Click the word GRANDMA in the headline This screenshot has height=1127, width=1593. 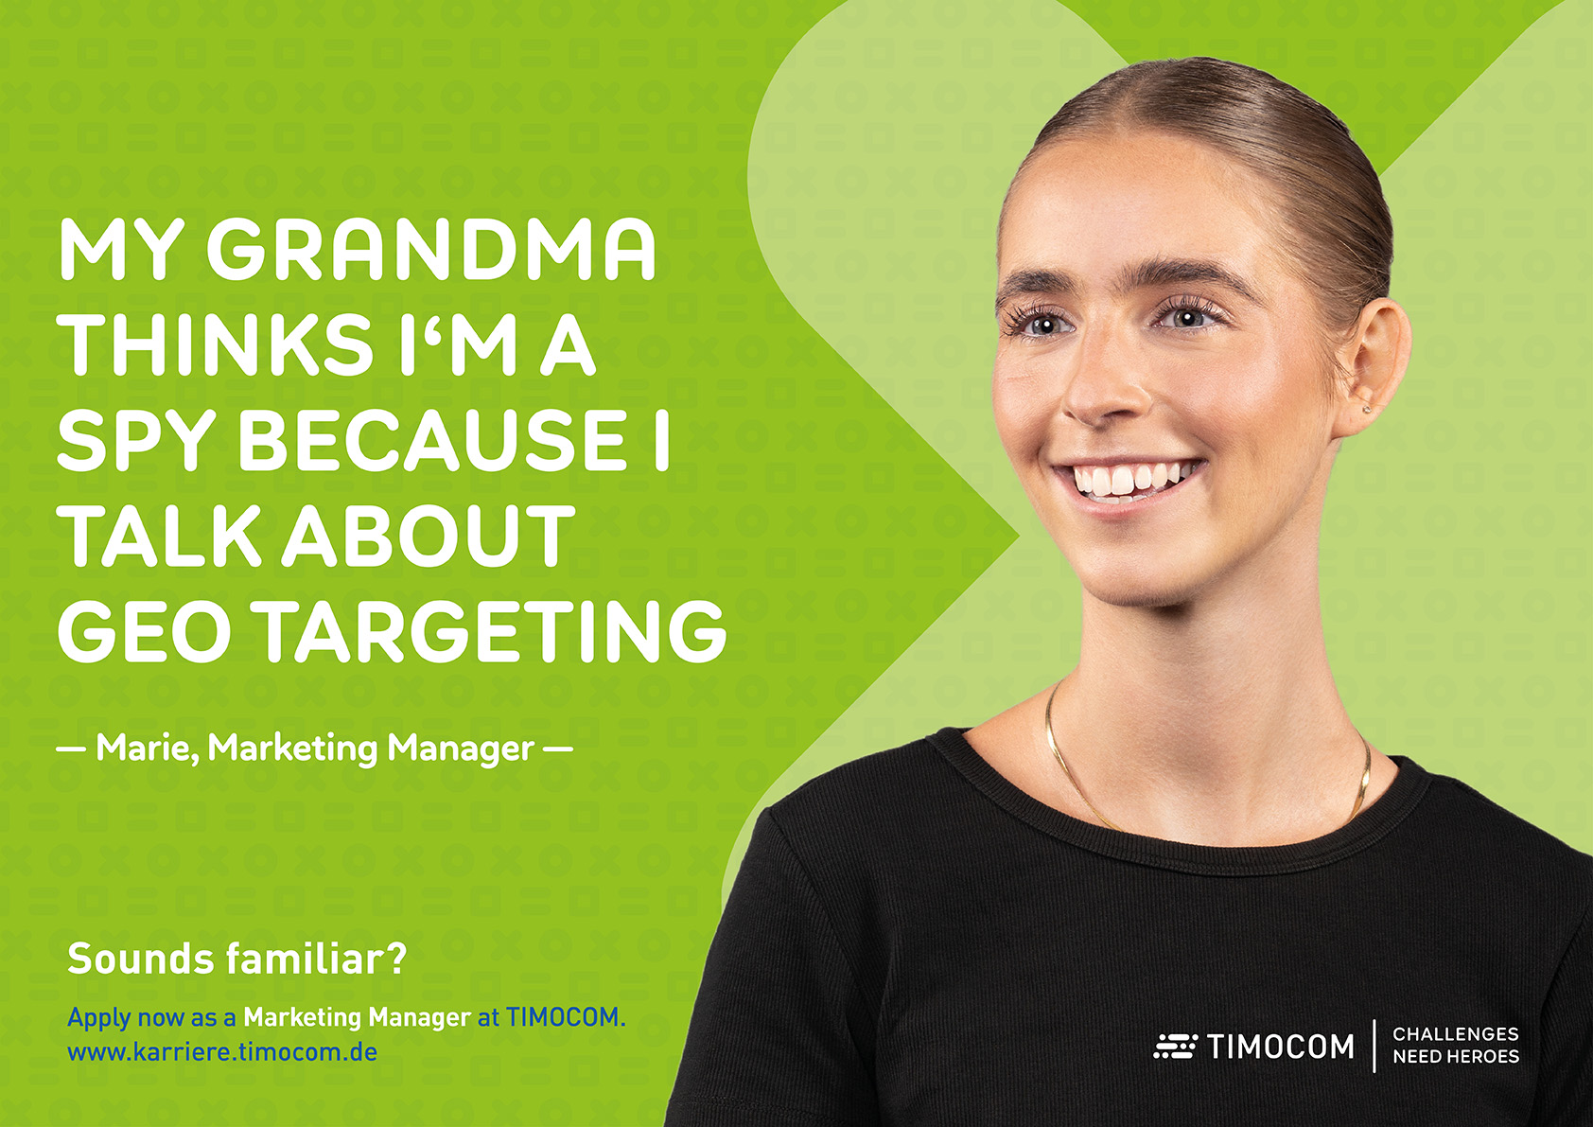pyautogui.click(x=431, y=250)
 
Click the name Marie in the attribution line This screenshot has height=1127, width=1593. pyautogui.click(x=148, y=748)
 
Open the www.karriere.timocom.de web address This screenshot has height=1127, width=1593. pyautogui.click(x=222, y=1051)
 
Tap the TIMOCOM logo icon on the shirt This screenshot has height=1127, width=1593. pyautogui.click(x=1175, y=1046)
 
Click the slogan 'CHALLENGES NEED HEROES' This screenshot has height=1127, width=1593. pyautogui.click(x=1456, y=1046)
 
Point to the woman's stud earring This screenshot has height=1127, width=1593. pyautogui.click(x=1365, y=410)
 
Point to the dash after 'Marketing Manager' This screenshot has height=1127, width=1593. pyautogui.click(x=558, y=748)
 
